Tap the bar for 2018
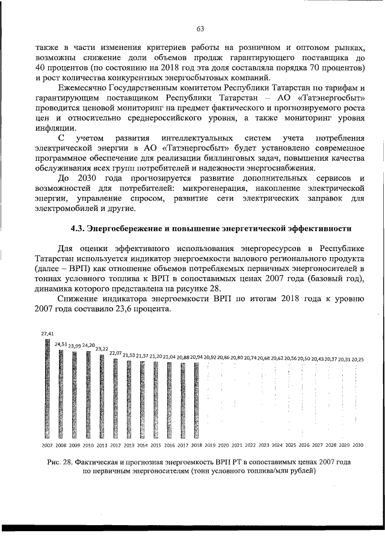[x=197, y=401]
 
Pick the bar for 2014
[x=143, y=400]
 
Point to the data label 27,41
[x=47, y=333]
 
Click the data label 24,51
[x=61, y=344]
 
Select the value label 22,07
[x=115, y=352]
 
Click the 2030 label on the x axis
[x=358, y=445]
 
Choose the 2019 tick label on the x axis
[x=210, y=445]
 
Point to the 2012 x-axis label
[x=115, y=445]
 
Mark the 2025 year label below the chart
[x=291, y=445]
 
